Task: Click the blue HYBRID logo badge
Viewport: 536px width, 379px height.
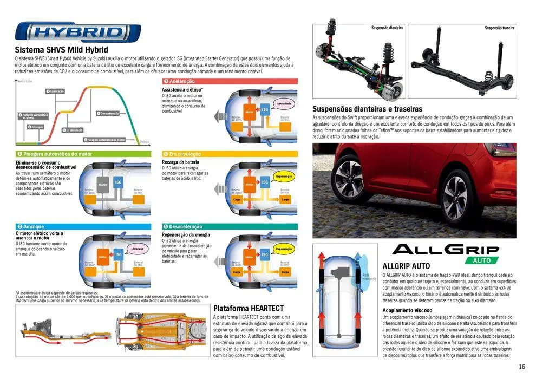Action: (78, 32)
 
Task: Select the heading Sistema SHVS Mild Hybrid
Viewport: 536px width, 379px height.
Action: (62, 50)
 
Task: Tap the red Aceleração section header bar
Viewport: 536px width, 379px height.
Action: (230, 81)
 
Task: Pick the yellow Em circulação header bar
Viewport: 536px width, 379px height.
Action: (230, 154)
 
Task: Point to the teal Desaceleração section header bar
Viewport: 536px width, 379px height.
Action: (230, 226)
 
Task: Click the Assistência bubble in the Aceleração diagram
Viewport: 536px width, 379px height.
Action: (284, 103)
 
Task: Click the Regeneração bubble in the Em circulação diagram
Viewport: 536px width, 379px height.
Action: (284, 177)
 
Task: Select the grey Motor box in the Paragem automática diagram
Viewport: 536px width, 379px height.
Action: (103, 184)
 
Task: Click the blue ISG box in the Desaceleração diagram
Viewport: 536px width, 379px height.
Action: (265, 254)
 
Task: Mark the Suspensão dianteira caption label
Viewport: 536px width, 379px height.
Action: (387, 28)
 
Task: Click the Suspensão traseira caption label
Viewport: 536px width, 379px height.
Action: (499, 28)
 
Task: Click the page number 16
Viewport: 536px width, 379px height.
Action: (521, 367)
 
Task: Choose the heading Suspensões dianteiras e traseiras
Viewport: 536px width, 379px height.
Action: (367, 109)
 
